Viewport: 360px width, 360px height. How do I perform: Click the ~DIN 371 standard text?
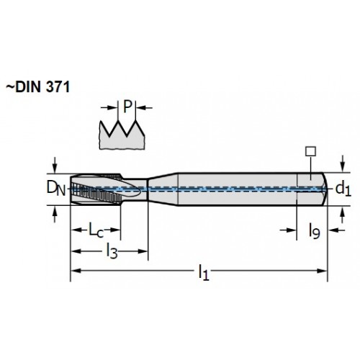point(37,87)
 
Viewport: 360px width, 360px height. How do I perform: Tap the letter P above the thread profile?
point(127,107)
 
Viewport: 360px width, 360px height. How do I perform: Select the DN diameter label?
point(55,189)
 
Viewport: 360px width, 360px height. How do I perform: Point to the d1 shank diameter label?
point(343,189)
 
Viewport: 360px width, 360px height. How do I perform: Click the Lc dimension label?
point(96,230)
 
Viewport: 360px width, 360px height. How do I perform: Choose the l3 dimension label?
point(112,251)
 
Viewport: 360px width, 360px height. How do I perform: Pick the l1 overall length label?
point(204,272)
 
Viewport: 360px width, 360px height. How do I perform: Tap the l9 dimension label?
point(314,231)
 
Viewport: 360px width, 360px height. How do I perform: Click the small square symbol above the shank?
point(310,151)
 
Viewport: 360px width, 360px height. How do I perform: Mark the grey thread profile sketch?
point(122,135)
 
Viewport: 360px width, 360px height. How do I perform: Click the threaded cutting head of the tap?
point(96,189)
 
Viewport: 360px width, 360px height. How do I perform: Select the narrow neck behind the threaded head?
point(135,189)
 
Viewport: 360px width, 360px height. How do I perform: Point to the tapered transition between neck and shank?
point(163,189)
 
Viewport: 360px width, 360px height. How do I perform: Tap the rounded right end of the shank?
point(325,189)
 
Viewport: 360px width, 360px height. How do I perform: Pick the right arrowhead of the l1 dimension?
point(322,271)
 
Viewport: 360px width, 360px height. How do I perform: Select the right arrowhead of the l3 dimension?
point(142,251)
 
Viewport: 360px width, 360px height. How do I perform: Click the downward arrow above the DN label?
point(55,165)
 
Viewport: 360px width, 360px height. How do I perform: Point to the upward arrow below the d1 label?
point(343,215)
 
